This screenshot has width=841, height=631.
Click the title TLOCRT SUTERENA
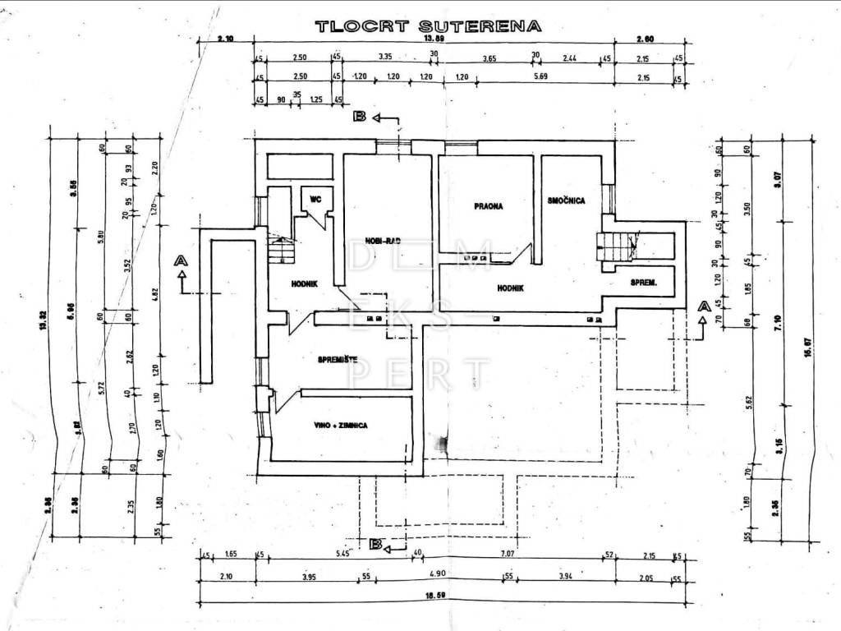click(428, 25)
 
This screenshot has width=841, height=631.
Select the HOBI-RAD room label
click(383, 242)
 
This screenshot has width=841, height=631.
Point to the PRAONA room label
click(488, 206)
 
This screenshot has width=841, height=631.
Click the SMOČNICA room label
click(566, 200)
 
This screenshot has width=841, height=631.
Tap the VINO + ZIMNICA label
click(339, 426)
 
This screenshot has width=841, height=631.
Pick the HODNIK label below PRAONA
click(510, 288)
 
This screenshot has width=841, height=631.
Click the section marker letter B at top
click(359, 117)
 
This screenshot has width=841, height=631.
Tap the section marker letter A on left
click(181, 260)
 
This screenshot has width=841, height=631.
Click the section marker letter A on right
click(702, 305)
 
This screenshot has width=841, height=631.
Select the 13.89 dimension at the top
click(434, 39)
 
